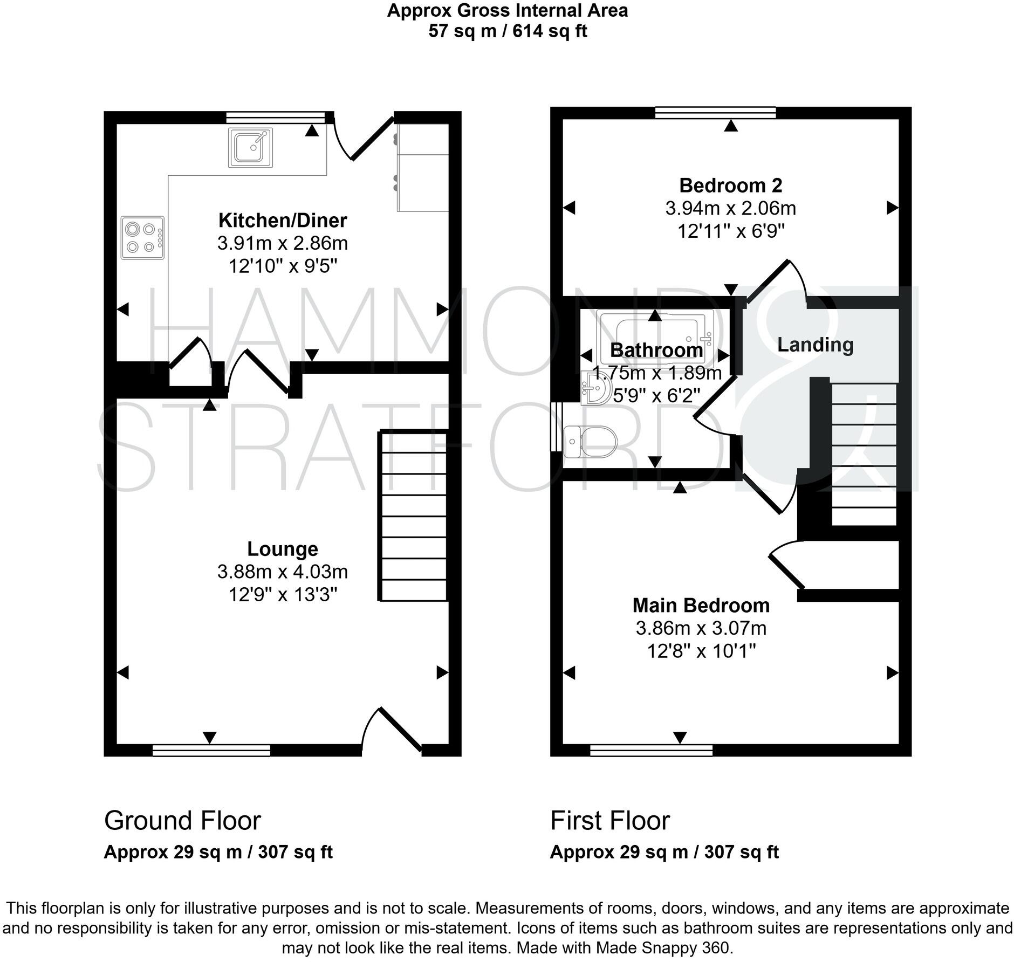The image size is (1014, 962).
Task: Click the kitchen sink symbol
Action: tap(250, 147)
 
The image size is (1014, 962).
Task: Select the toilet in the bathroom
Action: tap(590, 442)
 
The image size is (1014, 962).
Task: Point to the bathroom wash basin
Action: tap(595, 388)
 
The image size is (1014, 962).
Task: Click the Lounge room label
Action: tap(283, 549)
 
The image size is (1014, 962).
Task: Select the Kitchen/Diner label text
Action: tap(283, 220)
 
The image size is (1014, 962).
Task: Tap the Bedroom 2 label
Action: tap(730, 185)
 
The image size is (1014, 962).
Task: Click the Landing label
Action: tap(815, 345)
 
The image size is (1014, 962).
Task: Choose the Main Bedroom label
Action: tap(701, 606)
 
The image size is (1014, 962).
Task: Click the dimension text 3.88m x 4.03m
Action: tap(283, 572)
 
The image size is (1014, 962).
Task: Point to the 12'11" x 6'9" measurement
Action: tap(730, 231)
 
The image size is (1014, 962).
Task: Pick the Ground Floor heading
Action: tap(182, 821)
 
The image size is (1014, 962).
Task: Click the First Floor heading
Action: tap(609, 821)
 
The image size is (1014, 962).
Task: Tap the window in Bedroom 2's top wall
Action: tap(715, 112)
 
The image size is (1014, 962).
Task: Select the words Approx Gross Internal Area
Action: tap(507, 11)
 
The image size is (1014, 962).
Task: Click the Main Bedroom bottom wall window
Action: tap(651, 750)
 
